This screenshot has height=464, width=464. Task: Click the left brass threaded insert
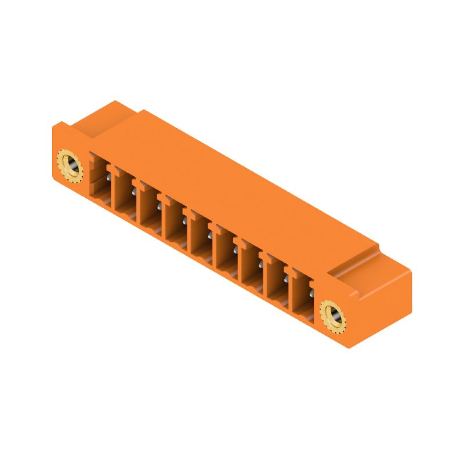point(69,165)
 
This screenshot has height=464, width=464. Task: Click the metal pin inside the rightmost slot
point(311,282)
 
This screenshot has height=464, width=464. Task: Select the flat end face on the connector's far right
point(380,307)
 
